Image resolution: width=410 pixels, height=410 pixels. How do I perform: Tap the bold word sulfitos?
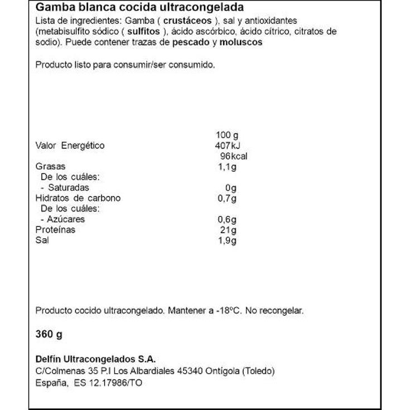[x=142, y=31]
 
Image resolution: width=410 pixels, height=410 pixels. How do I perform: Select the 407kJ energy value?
[x=226, y=146]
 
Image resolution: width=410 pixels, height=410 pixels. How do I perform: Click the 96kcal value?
[x=233, y=156]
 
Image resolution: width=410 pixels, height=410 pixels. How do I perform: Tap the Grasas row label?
[x=50, y=166]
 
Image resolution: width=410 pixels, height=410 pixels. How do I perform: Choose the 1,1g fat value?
[x=226, y=166]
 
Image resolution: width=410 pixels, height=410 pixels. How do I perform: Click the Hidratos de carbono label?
[x=78, y=198]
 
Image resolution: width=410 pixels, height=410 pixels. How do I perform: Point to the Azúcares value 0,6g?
[x=226, y=219]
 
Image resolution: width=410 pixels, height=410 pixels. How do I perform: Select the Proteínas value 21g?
[x=229, y=230]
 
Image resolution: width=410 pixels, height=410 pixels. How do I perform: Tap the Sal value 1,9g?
[x=226, y=240]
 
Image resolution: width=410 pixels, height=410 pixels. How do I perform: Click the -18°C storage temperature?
[x=230, y=311]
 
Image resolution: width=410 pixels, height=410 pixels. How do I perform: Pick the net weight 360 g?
[x=49, y=335]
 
